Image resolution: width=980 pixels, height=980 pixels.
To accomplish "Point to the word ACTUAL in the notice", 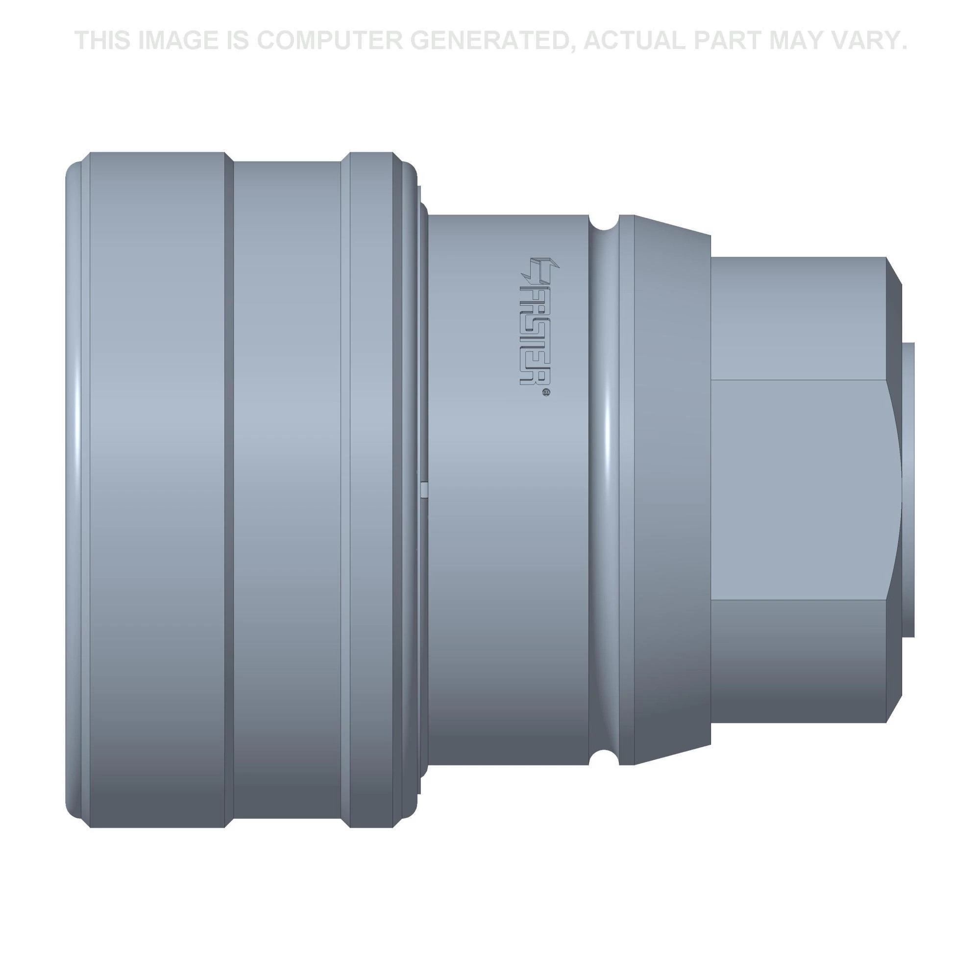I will (x=635, y=41).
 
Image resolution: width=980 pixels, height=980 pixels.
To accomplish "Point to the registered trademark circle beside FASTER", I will (x=546, y=392).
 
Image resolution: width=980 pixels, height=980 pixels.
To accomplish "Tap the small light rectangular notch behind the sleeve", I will (x=424, y=490).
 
